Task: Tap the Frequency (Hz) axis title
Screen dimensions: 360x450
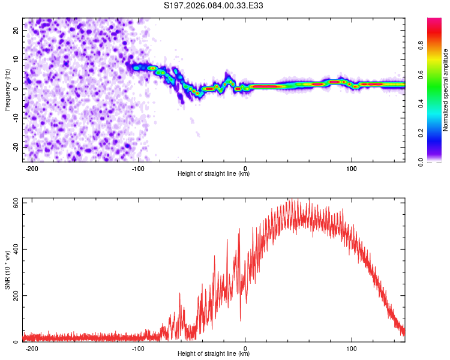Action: [x=8, y=90]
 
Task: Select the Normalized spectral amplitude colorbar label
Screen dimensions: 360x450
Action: [x=446, y=90]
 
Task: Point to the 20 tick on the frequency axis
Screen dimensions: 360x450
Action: [x=16, y=29]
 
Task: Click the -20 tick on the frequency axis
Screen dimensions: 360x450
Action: [x=15, y=147]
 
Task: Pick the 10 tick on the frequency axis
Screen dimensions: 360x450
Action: [x=16, y=59]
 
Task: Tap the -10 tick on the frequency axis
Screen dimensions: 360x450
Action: [x=15, y=118]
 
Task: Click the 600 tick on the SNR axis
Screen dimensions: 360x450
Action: [x=14, y=202]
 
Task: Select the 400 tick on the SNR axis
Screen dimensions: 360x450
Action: [x=14, y=249]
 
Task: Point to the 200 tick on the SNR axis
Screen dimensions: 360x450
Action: [x=14, y=296]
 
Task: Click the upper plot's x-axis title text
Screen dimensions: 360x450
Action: [x=214, y=173]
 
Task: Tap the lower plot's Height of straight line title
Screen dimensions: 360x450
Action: [x=214, y=354]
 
